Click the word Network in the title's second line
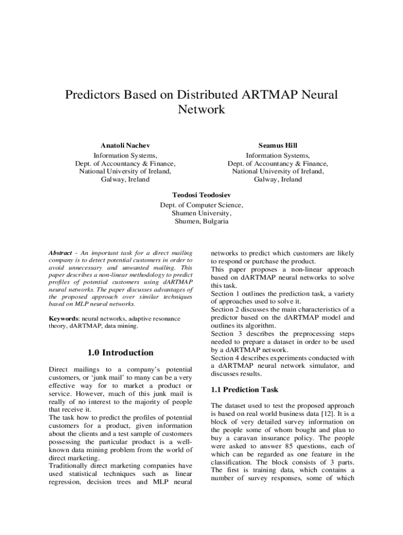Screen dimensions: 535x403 201,110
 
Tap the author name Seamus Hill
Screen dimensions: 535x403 278,145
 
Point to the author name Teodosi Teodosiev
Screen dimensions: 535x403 201,194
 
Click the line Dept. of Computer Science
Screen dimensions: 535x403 201,205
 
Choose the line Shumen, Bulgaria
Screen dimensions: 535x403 201,222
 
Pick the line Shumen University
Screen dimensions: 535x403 201,213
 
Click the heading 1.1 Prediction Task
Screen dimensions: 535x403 244,390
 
